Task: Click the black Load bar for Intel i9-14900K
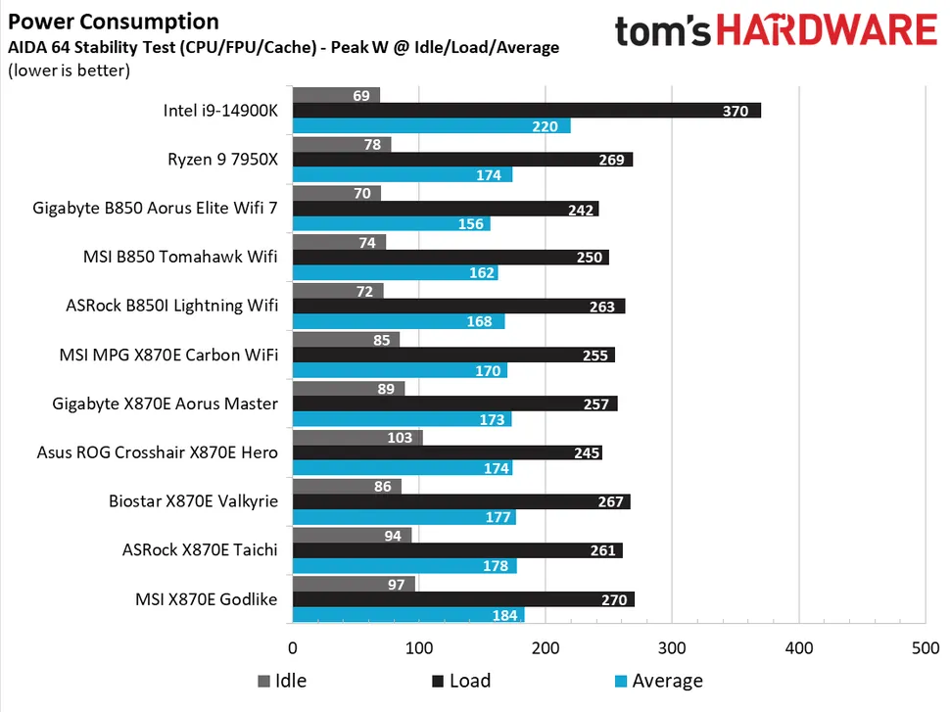(526, 111)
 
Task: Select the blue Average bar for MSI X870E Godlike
(408, 615)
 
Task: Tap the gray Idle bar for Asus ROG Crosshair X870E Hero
(357, 438)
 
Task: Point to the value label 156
(468, 224)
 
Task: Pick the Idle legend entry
(288, 681)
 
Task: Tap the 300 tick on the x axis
(672, 648)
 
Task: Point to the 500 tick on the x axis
(925, 648)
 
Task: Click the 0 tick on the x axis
(293, 648)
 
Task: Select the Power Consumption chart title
(114, 22)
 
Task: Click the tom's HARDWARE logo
(776, 30)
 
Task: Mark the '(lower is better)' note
(69, 71)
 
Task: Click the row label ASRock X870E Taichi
(200, 549)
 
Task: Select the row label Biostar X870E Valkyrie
(193, 501)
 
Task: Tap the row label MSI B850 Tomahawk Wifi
(180, 258)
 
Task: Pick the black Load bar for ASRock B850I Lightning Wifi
(458, 306)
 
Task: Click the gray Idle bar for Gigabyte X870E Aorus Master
(349, 389)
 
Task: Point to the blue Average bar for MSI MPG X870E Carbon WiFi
(400, 371)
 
